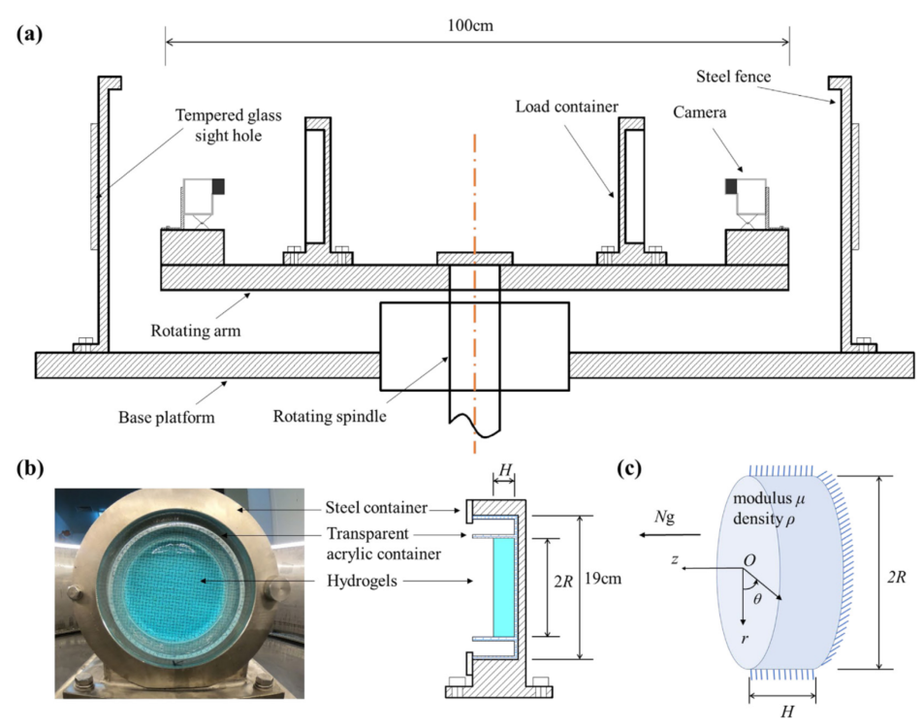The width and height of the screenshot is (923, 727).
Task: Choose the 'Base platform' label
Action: click(163, 418)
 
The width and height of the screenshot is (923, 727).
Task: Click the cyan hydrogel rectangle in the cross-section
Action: click(502, 586)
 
